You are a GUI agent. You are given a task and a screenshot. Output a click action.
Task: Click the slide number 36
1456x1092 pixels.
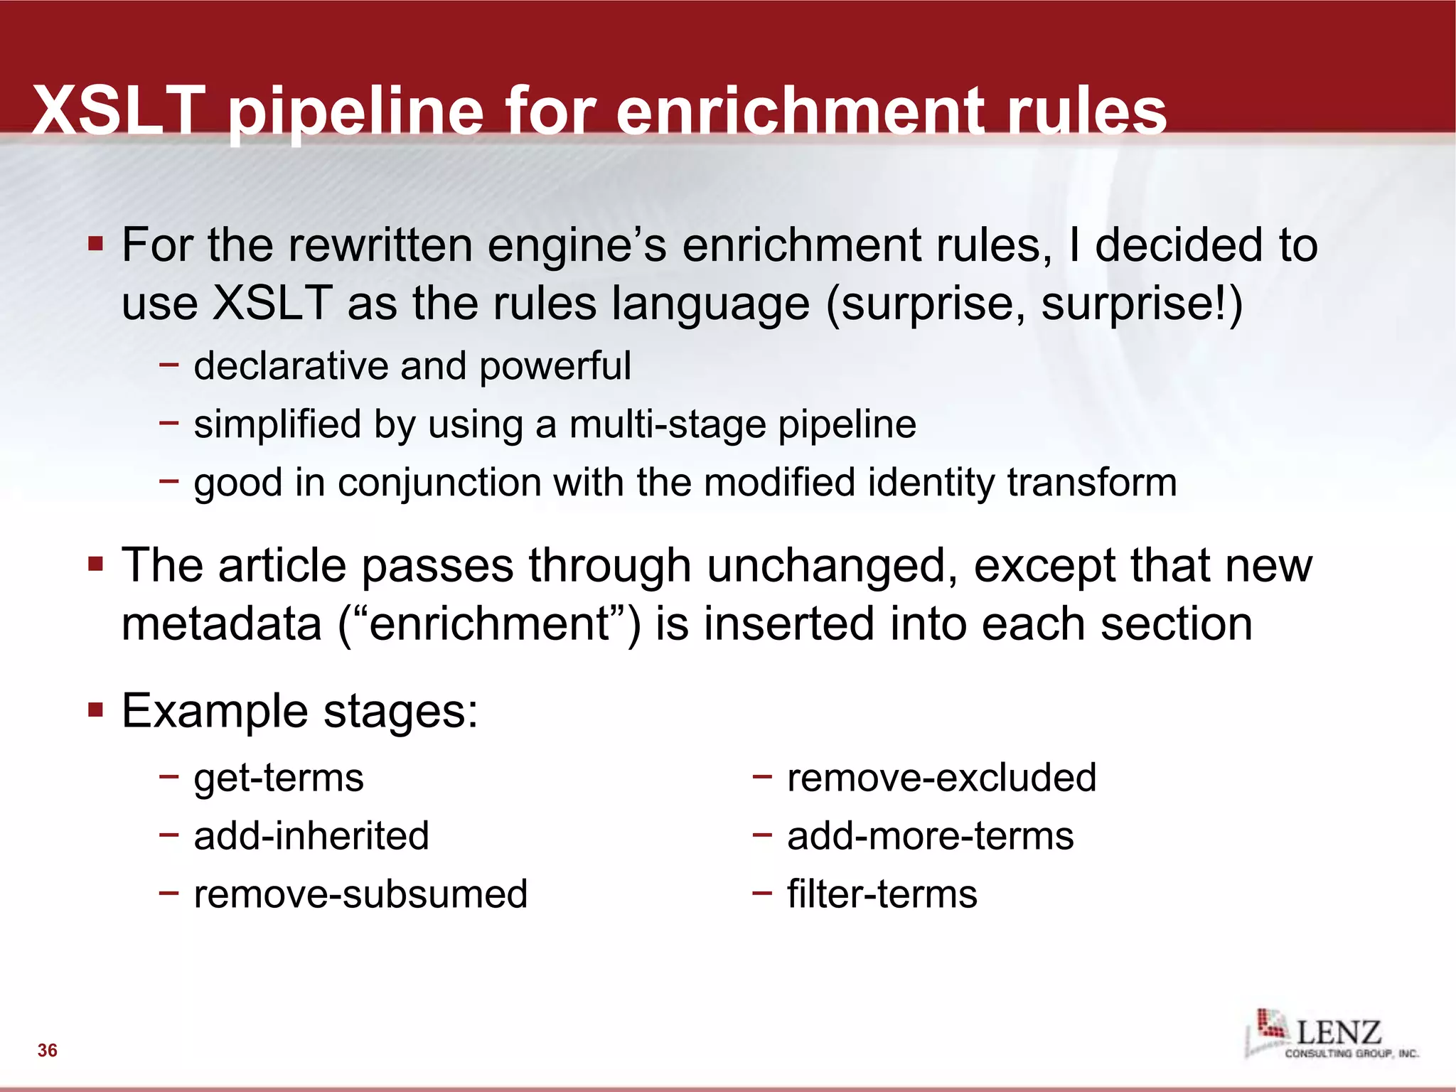(x=48, y=1050)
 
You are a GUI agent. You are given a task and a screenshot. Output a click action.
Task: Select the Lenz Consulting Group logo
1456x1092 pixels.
(x=1332, y=1034)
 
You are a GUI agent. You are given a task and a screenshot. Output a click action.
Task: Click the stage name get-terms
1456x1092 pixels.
(x=278, y=778)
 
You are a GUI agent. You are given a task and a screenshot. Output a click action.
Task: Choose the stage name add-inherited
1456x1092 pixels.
(x=311, y=836)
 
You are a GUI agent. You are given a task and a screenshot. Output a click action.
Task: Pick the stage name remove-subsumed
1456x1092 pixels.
(x=360, y=894)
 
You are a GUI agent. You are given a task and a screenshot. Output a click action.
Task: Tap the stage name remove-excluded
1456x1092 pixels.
(x=941, y=778)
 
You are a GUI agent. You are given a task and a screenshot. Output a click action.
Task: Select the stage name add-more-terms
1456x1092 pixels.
(x=930, y=836)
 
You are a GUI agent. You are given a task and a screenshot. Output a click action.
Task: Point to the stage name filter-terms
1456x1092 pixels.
(x=882, y=894)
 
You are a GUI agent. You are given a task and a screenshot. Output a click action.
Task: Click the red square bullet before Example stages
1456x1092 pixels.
(x=96, y=710)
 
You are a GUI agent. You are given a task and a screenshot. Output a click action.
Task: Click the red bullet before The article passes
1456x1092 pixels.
(x=96, y=564)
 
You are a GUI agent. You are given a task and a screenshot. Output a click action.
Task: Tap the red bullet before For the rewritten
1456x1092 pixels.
(x=96, y=245)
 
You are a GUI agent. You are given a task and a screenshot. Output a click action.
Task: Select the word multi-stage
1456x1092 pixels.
(x=668, y=425)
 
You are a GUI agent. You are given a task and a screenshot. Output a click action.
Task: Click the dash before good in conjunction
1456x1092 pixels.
(x=169, y=481)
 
